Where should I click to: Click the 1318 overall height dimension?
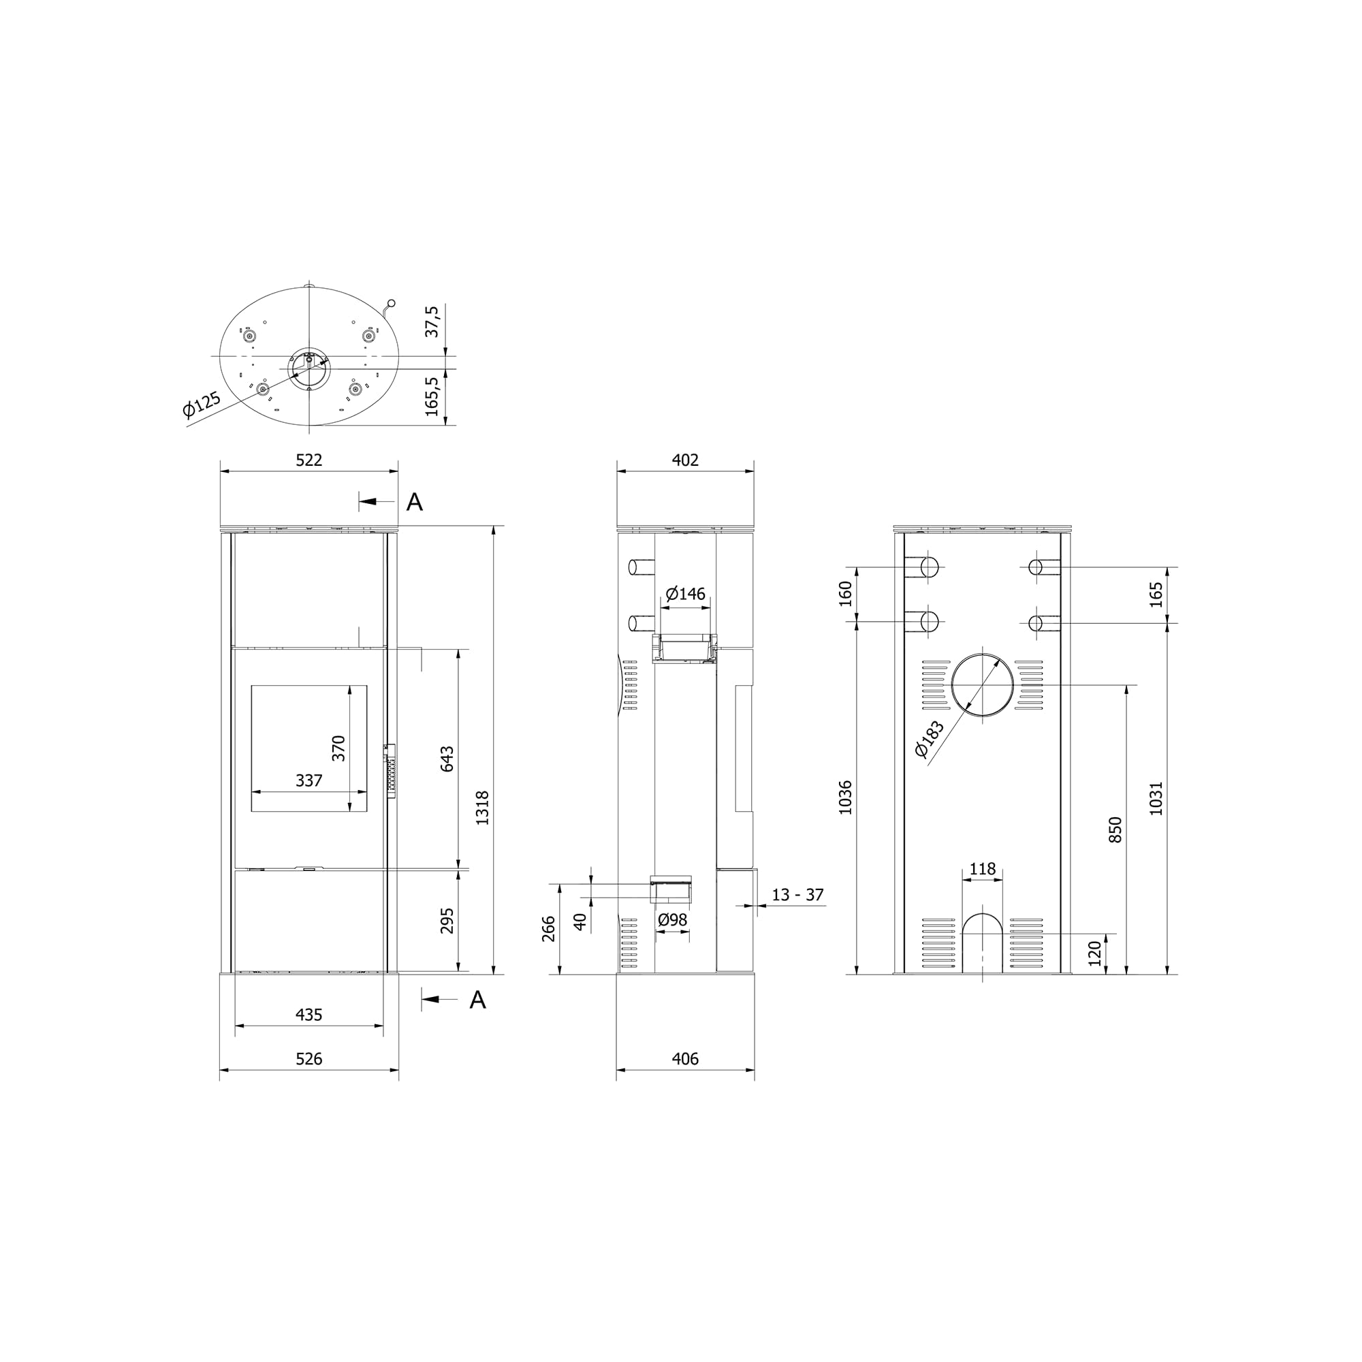(482, 808)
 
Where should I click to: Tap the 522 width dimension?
(308, 460)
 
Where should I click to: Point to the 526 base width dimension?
(308, 1079)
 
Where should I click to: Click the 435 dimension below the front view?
(308, 1015)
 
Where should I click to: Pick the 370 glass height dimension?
(339, 748)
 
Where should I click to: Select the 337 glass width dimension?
(308, 780)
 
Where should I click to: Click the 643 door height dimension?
(447, 759)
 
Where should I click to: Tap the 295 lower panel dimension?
(447, 921)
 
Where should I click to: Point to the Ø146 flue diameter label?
(685, 594)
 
